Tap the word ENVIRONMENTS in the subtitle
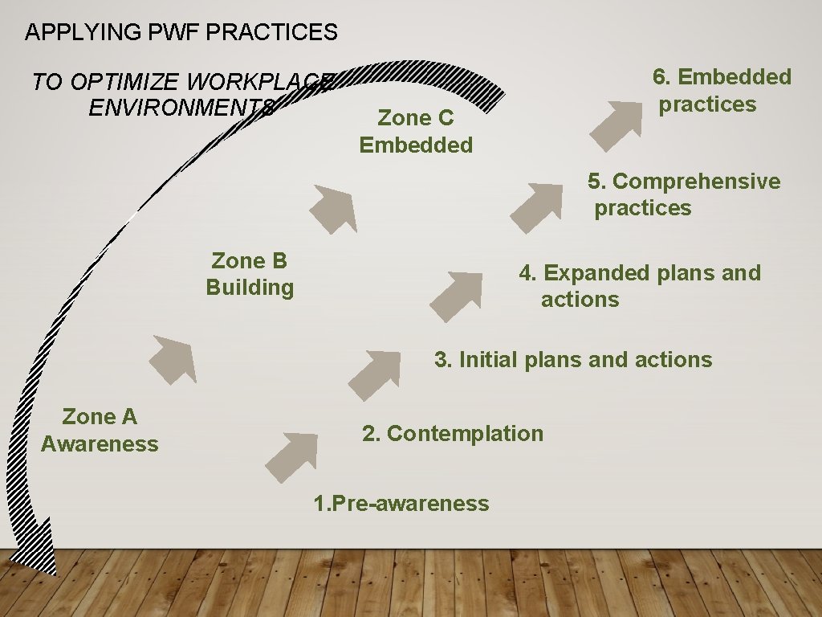tap(182, 108)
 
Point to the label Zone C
tap(416, 118)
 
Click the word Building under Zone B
tap(250, 288)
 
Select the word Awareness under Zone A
tap(100, 444)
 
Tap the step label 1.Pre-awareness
tap(401, 504)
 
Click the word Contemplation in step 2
tap(465, 434)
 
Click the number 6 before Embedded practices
tap(660, 77)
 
